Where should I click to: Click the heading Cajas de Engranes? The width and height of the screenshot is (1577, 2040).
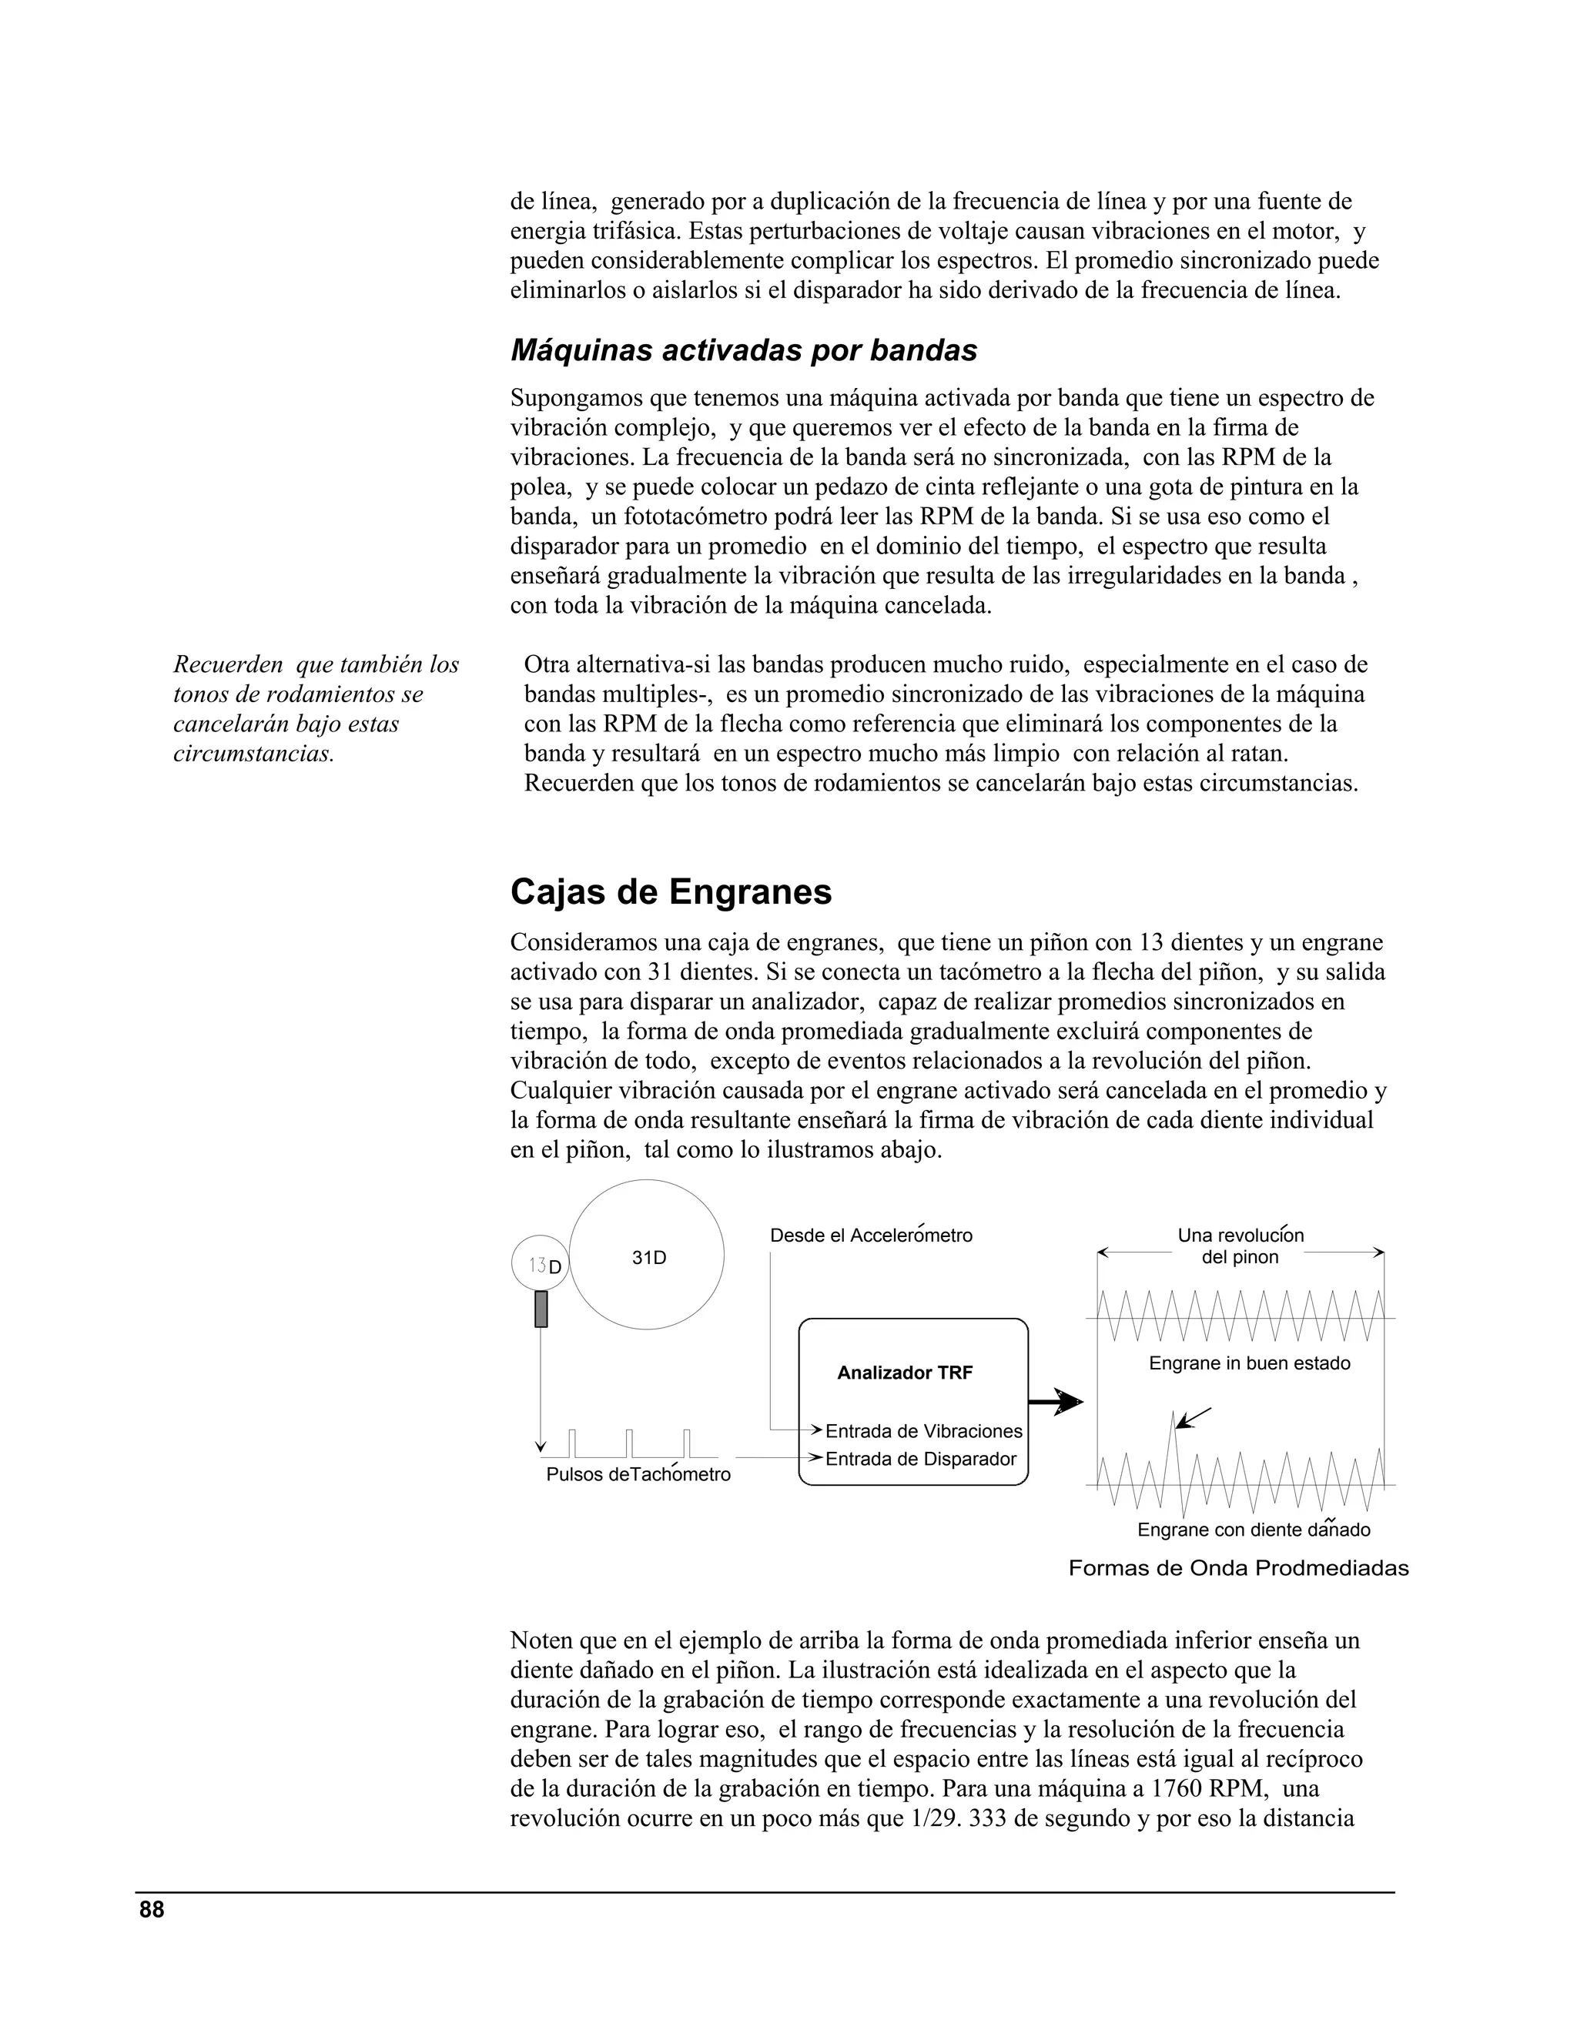(670, 892)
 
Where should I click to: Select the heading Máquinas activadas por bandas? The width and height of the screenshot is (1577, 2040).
(744, 350)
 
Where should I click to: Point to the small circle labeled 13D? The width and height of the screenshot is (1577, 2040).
(540, 1265)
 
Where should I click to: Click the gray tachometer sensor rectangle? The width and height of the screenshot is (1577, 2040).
(540, 1309)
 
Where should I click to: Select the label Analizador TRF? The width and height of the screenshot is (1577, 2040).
(904, 1372)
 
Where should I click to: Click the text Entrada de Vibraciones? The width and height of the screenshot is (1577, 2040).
(923, 1431)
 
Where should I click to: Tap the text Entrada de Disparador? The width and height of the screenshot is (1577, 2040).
(920, 1459)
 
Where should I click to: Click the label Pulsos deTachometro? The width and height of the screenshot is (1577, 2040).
(638, 1475)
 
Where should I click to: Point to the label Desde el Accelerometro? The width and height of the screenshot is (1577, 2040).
(871, 1236)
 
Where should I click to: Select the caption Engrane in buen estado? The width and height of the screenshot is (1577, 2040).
(1249, 1363)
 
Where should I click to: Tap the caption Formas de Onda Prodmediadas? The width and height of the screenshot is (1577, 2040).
(1238, 1568)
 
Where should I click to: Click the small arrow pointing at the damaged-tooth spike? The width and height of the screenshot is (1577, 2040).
(1194, 1417)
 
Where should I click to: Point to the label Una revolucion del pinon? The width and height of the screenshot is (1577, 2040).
(1240, 1246)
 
